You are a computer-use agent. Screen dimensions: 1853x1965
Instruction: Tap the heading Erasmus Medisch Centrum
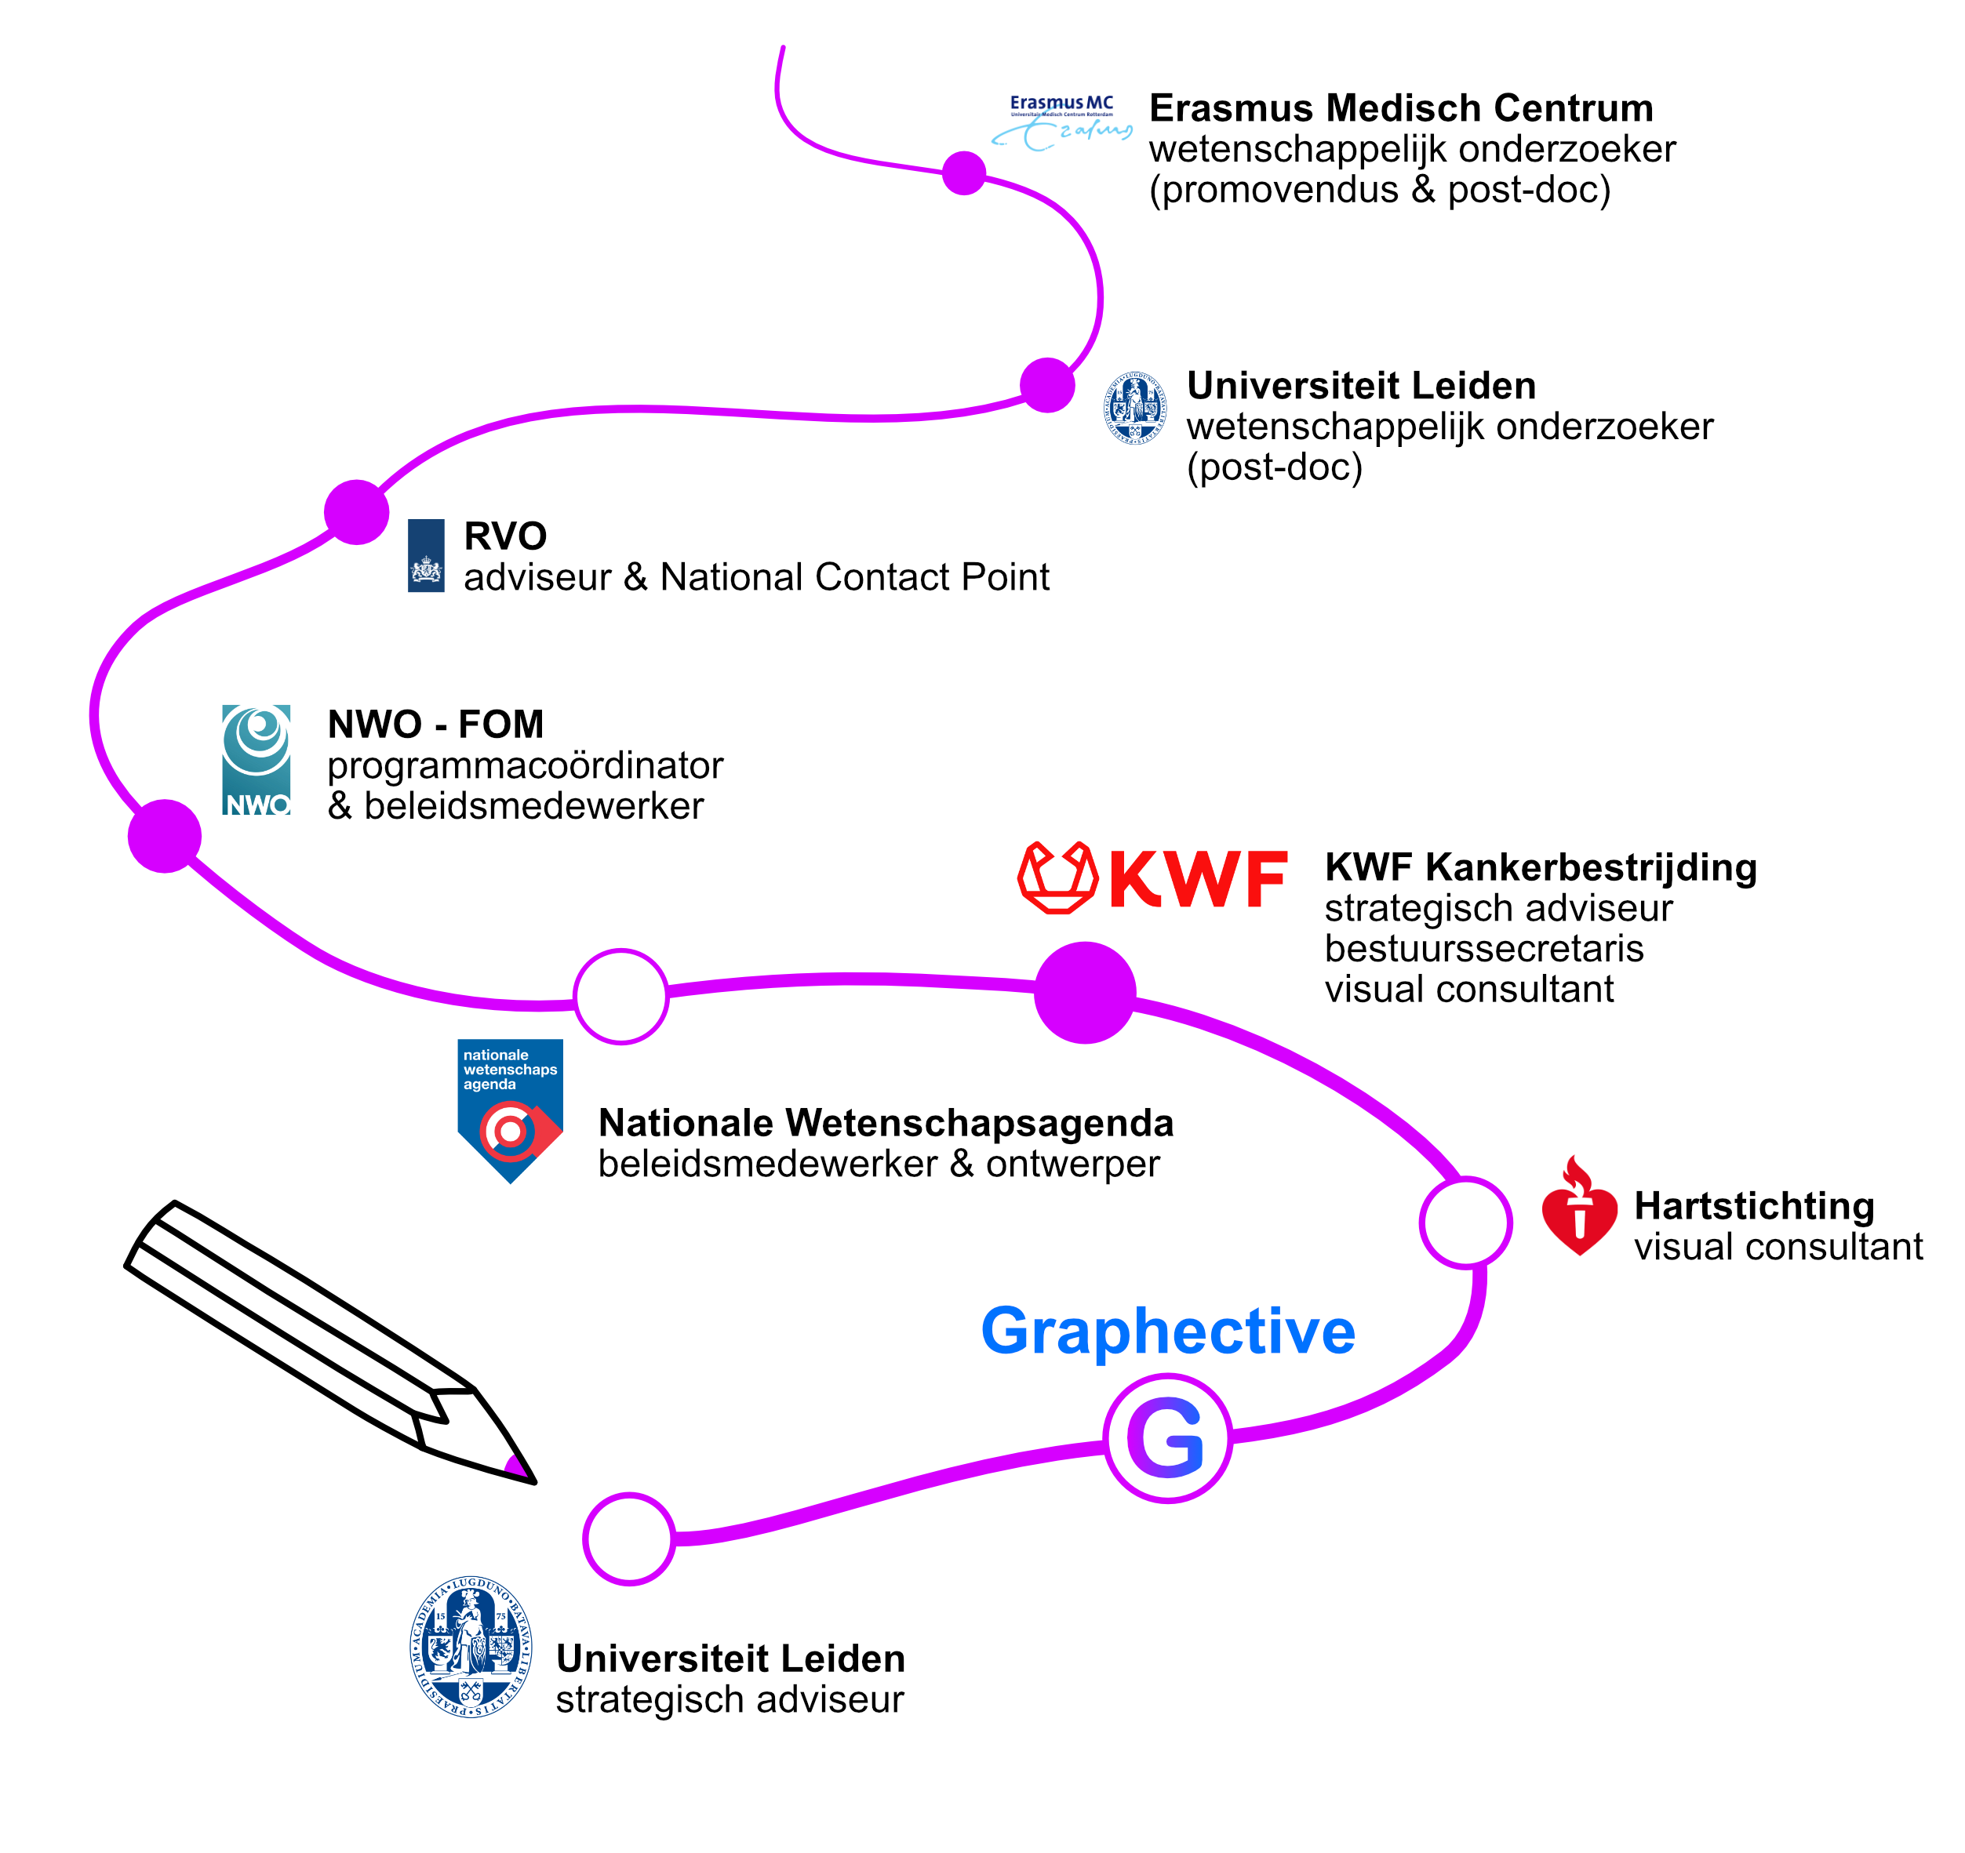pyautogui.click(x=1401, y=107)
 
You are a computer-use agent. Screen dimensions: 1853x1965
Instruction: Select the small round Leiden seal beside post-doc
pyautogui.click(x=1135, y=407)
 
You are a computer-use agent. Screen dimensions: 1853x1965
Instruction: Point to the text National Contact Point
pyautogui.click(x=854, y=577)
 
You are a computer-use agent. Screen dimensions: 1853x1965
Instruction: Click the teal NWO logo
pyautogui.click(x=256, y=760)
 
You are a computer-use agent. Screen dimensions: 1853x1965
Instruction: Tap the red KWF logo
pyautogui.click(x=1152, y=877)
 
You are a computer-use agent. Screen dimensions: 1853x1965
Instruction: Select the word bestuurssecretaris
pyautogui.click(x=1483, y=948)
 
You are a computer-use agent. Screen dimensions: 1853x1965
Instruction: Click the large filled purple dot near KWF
pyautogui.click(x=1084, y=992)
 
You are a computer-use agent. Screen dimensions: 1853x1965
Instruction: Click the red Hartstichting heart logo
pyautogui.click(x=1578, y=1208)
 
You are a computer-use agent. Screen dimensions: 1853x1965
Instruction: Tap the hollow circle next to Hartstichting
pyautogui.click(x=1465, y=1223)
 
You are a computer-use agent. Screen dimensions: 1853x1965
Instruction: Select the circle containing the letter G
pyautogui.click(x=1167, y=1438)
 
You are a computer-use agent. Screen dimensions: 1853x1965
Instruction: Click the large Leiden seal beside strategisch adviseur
pyautogui.click(x=471, y=1647)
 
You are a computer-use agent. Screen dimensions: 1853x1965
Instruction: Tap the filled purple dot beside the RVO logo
pyautogui.click(x=356, y=512)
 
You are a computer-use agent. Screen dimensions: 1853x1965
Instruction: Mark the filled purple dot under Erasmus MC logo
pyautogui.click(x=964, y=173)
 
